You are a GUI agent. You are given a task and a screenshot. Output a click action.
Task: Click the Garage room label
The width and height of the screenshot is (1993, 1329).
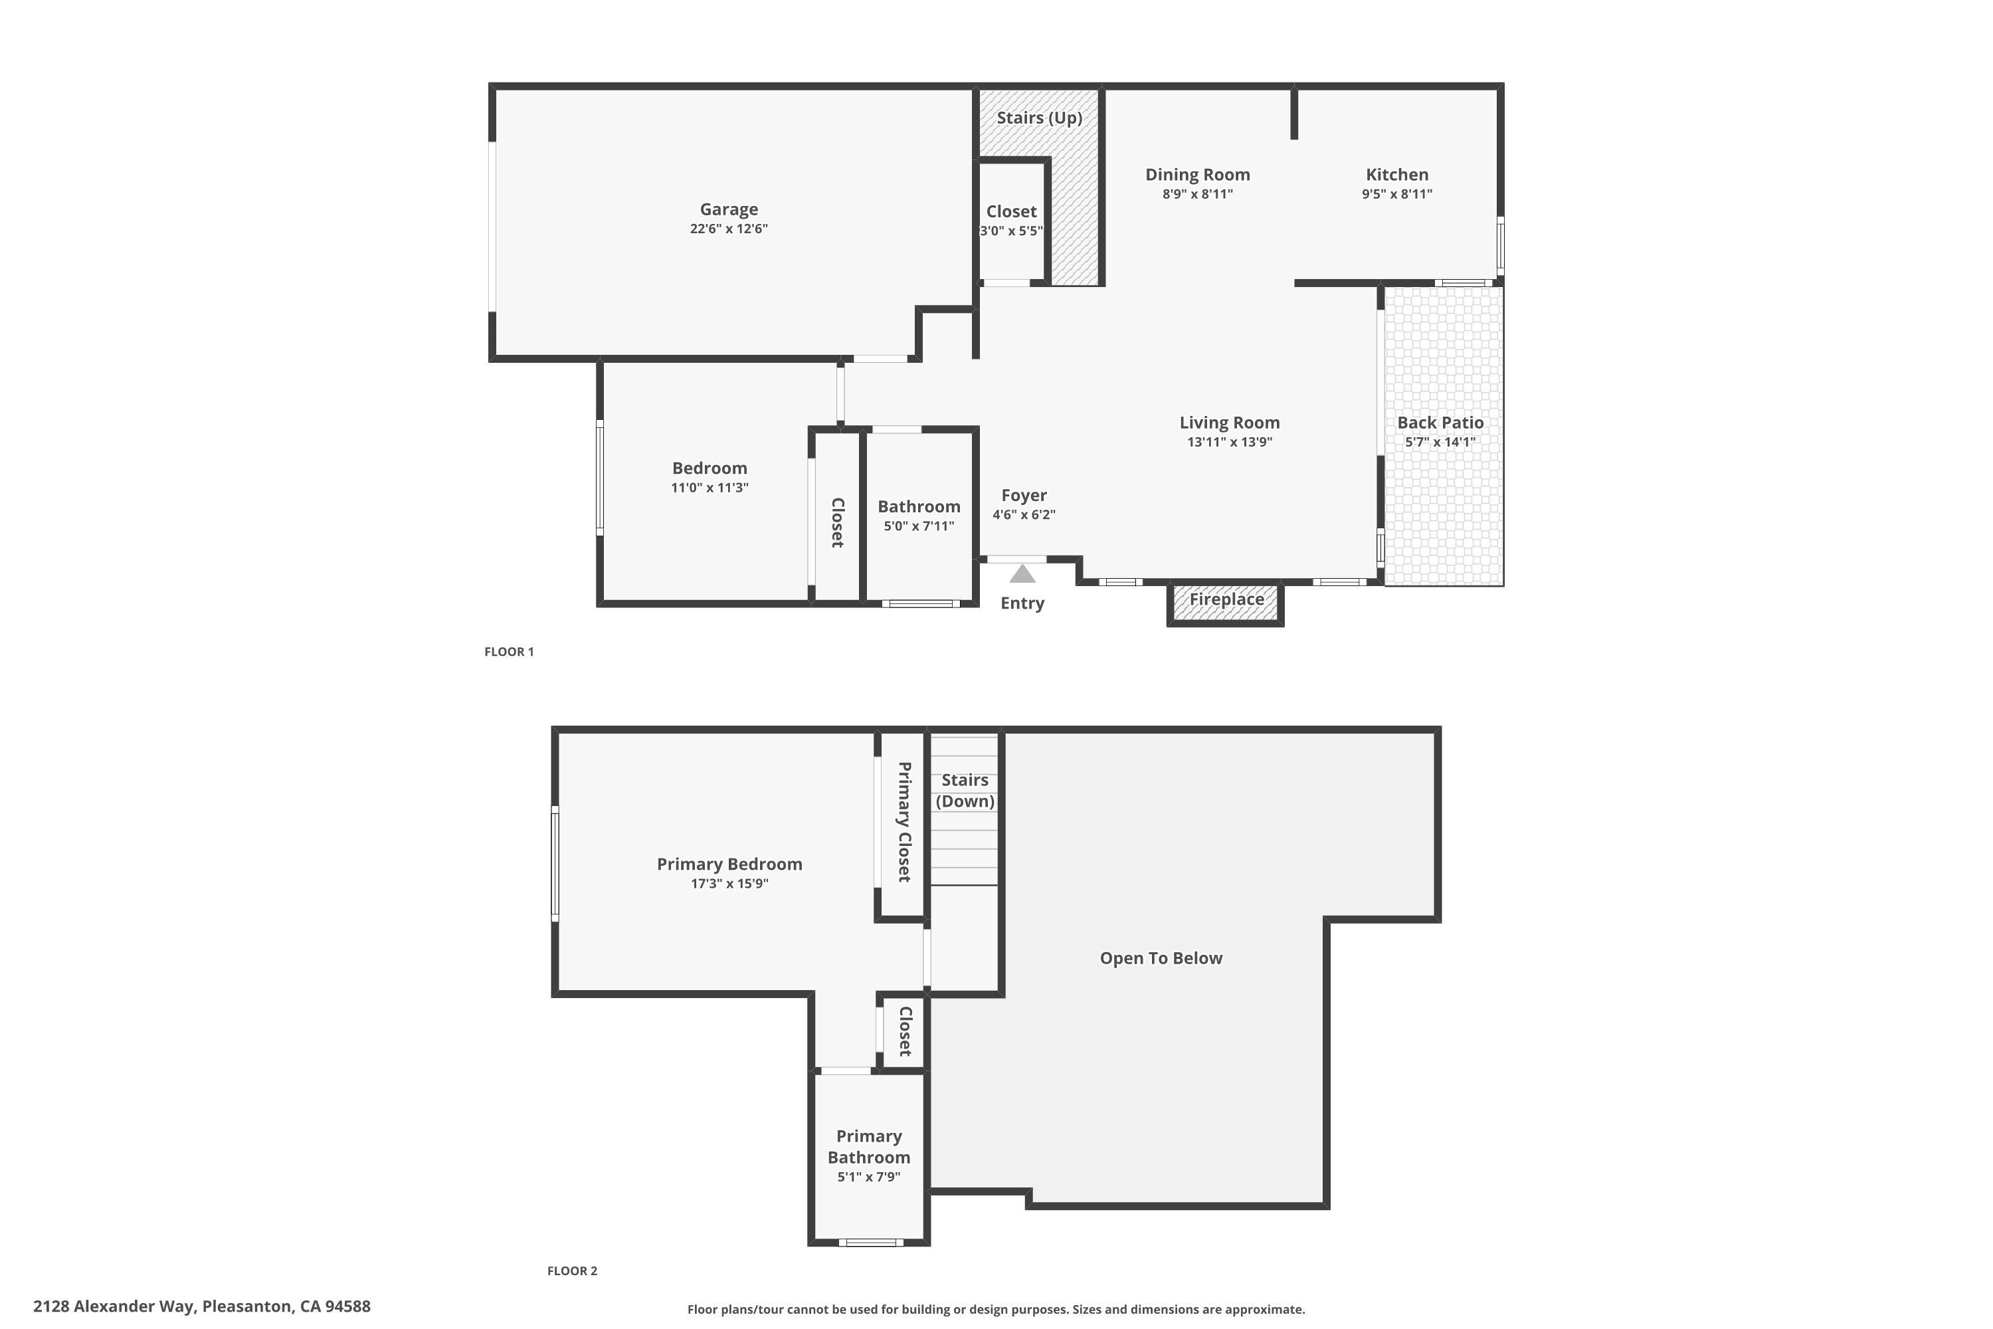[x=728, y=209]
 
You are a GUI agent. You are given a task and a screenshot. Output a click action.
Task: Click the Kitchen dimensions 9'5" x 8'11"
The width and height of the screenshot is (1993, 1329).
[x=1396, y=194]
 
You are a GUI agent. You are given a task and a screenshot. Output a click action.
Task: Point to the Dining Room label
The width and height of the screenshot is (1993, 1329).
[x=1196, y=175]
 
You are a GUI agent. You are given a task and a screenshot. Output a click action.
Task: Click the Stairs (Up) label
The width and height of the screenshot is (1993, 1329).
[x=1039, y=118]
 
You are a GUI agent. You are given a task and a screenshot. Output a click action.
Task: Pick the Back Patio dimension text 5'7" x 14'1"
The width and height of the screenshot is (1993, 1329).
[x=1440, y=442]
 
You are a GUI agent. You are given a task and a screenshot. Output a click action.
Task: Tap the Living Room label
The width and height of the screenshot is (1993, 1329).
[x=1228, y=422]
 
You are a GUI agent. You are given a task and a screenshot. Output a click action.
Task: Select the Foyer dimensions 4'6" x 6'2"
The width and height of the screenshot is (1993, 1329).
[x=1024, y=514]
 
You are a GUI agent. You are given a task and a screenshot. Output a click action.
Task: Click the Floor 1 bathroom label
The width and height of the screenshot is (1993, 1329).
[x=919, y=507]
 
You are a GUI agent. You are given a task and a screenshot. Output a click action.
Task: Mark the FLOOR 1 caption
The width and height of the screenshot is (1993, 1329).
[x=508, y=652]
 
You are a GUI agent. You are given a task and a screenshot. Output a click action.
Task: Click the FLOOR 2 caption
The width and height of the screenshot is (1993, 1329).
[x=572, y=1271]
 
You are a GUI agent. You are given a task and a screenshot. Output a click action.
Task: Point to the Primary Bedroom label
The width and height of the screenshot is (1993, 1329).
[x=729, y=864]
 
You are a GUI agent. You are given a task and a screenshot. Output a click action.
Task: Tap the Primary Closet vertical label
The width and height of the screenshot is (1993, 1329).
[x=903, y=822]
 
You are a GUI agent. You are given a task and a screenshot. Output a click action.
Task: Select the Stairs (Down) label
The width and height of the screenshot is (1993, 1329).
[x=965, y=790]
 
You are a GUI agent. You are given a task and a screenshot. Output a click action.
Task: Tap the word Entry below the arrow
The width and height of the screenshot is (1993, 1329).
[x=1022, y=603]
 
